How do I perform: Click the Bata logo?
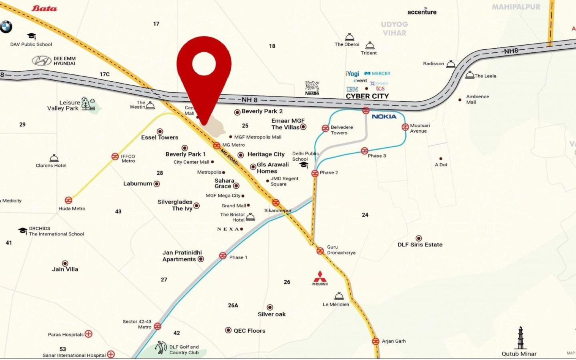pos(44,8)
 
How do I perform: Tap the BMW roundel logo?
pos(6,27)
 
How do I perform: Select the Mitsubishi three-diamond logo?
pos(320,276)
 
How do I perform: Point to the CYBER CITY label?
pos(367,96)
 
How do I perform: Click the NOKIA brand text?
pos(384,116)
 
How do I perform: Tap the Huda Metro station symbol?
pos(68,200)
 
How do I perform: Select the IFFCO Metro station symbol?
pos(115,157)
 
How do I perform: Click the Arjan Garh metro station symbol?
pos(376,341)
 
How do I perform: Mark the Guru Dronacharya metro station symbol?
pos(320,251)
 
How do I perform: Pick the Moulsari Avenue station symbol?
pos(405,127)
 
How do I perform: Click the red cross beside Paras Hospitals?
pos(89,334)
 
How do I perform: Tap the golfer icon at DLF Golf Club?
pos(161,347)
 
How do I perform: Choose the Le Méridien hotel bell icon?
pos(339,296)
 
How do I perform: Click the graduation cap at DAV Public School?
pos(32,36)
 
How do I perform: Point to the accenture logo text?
pos(422,12)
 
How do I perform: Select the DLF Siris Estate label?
pos(420,244)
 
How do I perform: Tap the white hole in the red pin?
pos(204,64)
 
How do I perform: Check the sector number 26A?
pos(233,305)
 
